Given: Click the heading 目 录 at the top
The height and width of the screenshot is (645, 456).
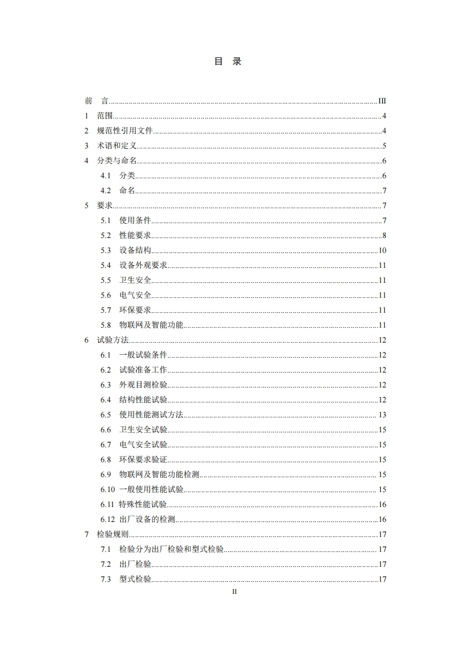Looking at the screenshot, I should (228, 62).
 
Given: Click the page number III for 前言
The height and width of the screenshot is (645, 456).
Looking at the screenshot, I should (382, 101).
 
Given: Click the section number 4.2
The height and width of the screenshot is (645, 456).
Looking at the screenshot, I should (105, 191).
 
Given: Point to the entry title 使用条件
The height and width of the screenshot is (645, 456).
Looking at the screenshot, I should (135, 221).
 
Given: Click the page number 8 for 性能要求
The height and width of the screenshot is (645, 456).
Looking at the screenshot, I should (384, 236).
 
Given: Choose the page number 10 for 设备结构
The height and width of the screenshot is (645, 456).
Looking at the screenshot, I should (382, 251).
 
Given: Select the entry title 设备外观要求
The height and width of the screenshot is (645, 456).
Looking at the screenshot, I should (143, 266).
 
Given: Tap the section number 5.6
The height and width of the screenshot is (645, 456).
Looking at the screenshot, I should (105, 295).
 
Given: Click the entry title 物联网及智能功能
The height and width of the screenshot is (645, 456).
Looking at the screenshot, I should (151, 325).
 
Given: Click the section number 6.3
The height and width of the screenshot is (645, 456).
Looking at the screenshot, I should (105, 385).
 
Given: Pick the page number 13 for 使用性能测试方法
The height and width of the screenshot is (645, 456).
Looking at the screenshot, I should (382, 415).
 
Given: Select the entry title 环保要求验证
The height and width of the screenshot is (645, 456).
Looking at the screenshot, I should (143, 460).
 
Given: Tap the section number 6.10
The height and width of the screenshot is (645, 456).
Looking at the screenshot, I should (108, 490).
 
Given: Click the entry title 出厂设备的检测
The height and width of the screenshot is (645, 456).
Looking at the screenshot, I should (147, 520).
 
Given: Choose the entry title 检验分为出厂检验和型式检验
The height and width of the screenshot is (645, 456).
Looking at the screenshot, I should (171, 550).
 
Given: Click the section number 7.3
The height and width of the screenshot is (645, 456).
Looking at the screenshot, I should (105, 579).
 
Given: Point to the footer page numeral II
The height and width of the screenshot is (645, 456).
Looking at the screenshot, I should (234, 591).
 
